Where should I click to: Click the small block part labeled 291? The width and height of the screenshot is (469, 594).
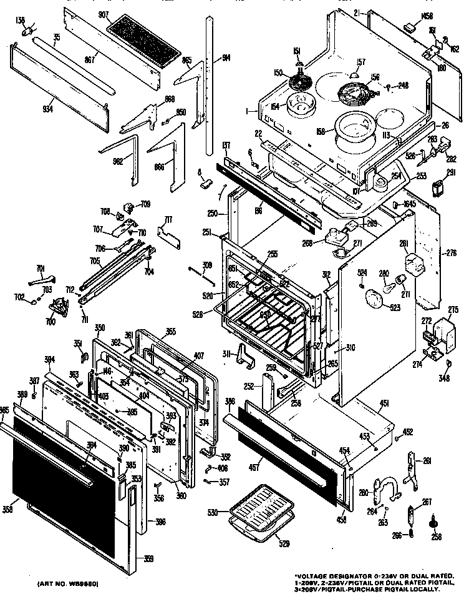pyautogui.click(x=439, y=188)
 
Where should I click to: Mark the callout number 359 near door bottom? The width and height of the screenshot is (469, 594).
pyautogui.click(x=148, y=558)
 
